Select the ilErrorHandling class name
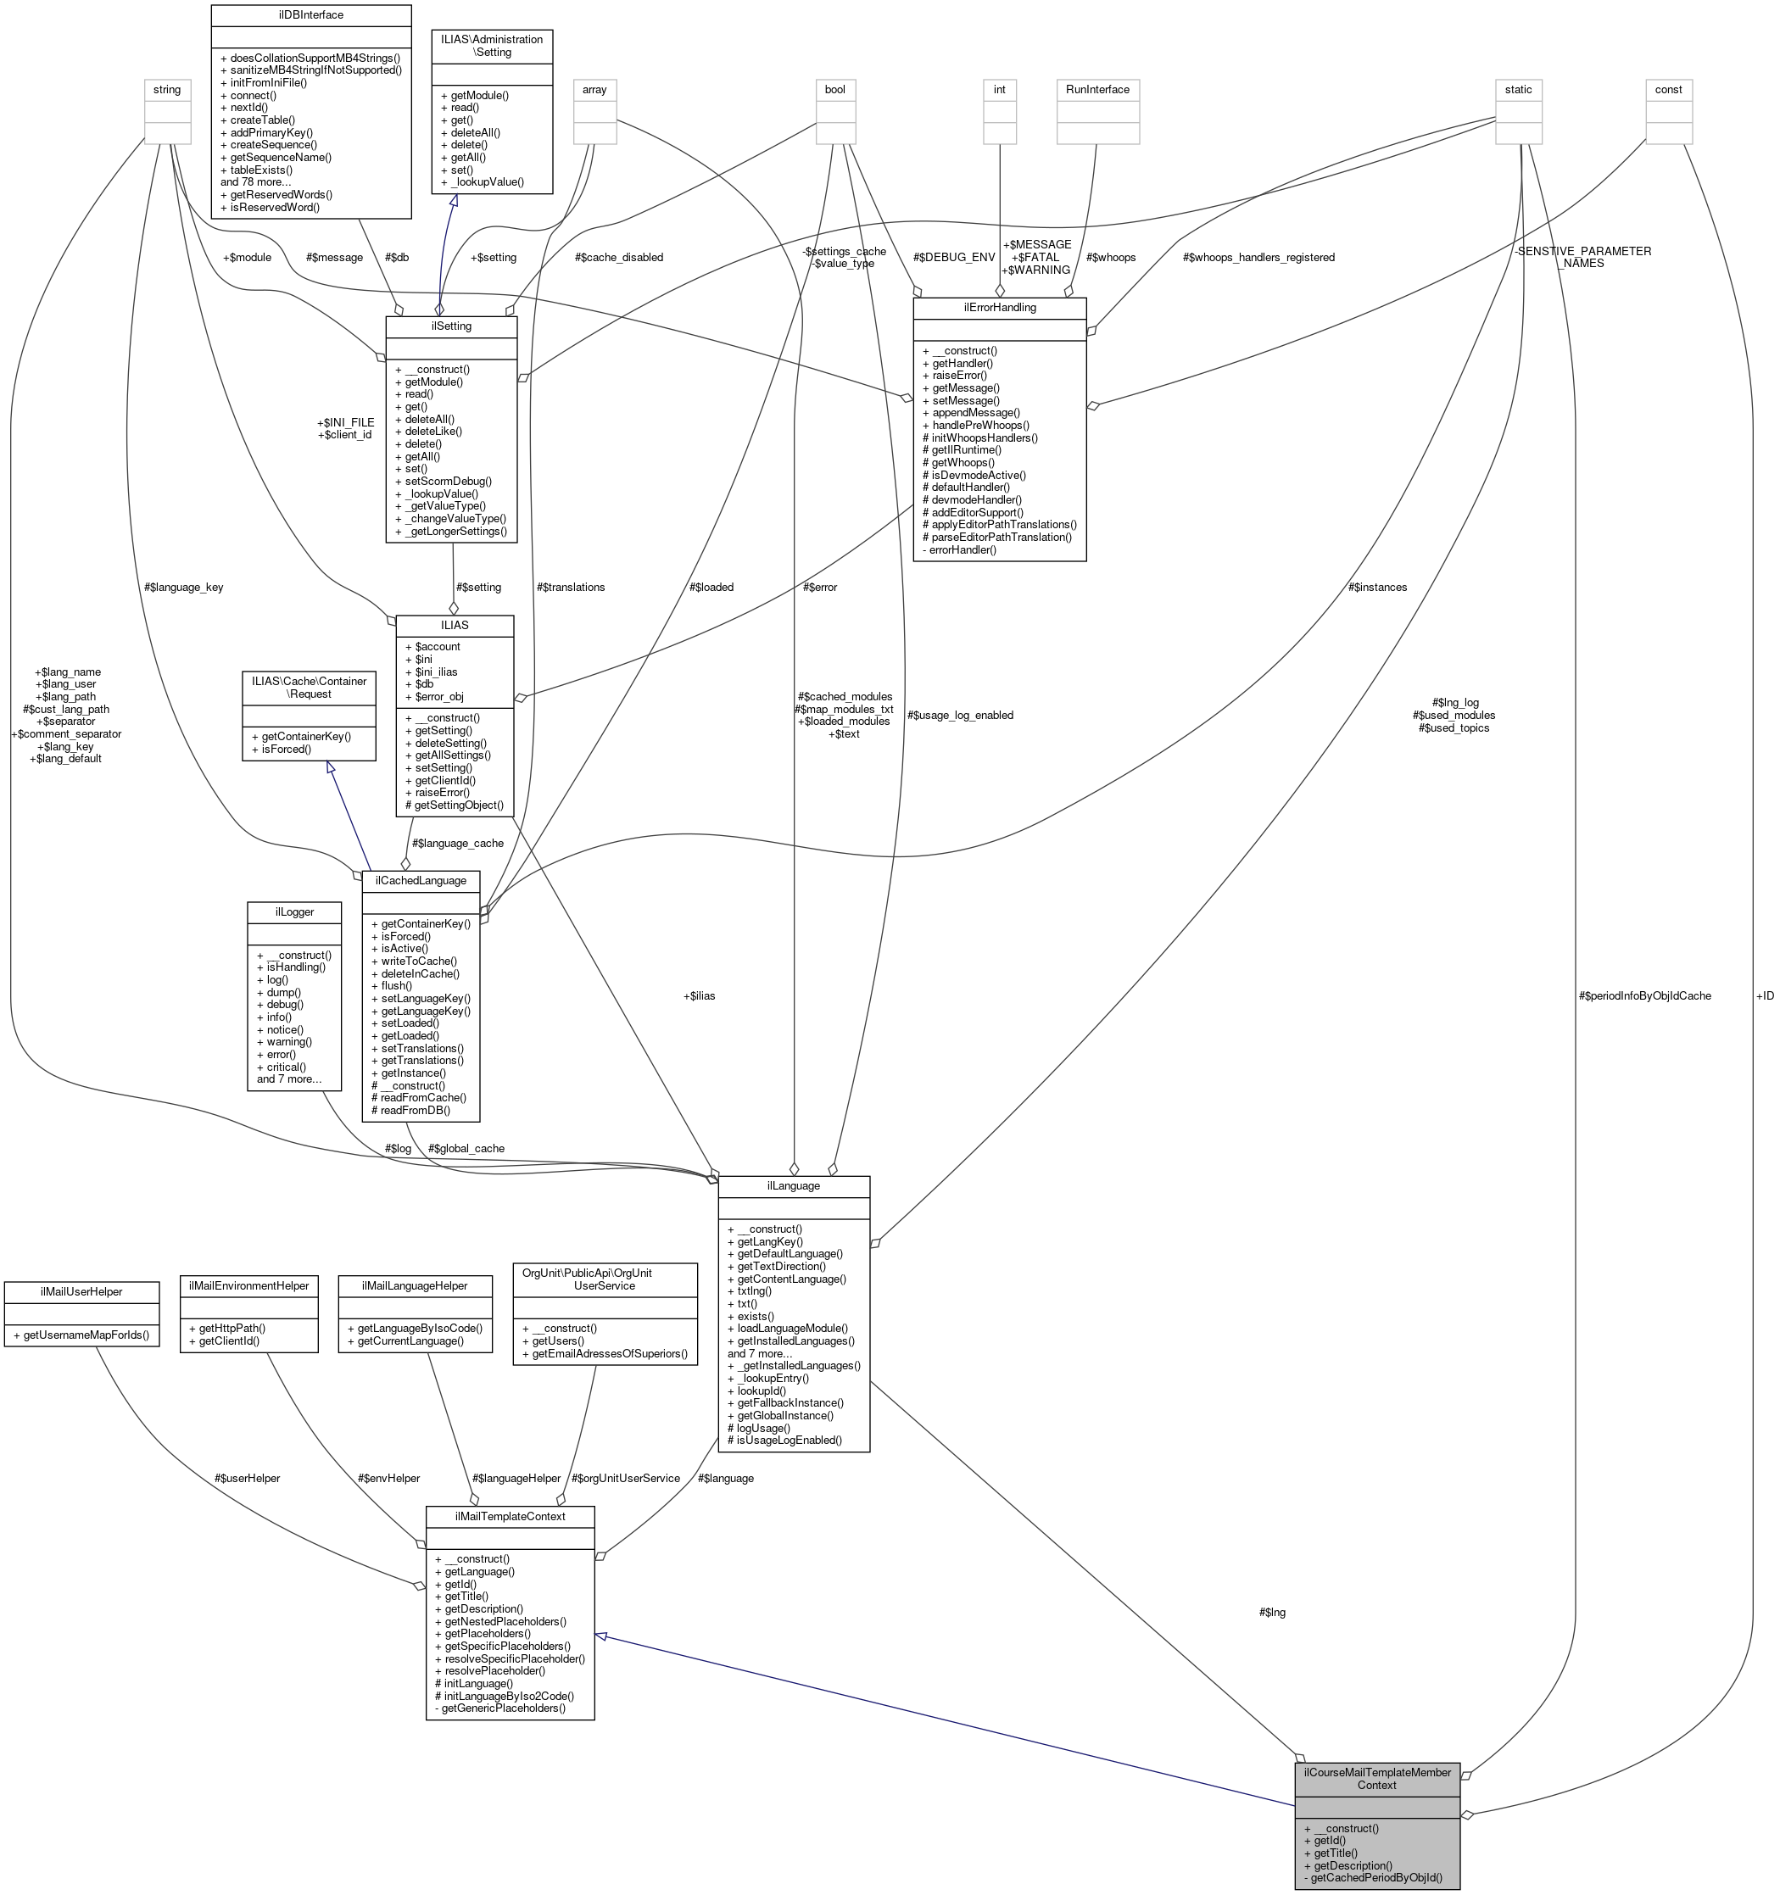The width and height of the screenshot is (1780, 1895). (998, 308)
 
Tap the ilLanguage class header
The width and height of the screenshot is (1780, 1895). (792, 1186)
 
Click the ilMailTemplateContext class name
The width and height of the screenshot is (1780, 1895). (510, 1517)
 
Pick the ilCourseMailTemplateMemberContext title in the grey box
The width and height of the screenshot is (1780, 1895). (1376, 1779)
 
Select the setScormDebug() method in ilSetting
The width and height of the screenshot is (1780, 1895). (448, 482)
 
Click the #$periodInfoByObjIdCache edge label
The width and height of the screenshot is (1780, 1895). (1643, 996)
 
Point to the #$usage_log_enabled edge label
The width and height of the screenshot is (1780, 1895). (959, 715)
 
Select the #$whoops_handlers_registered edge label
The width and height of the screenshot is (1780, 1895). (1258, 258)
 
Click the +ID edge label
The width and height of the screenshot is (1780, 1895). (1764, 996)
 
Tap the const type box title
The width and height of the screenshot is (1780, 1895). (1667, 90)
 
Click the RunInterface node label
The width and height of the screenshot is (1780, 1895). (1097, 90)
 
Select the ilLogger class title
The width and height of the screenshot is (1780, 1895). (293, 912)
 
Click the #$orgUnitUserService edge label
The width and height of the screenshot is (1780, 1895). (626, 1479)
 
